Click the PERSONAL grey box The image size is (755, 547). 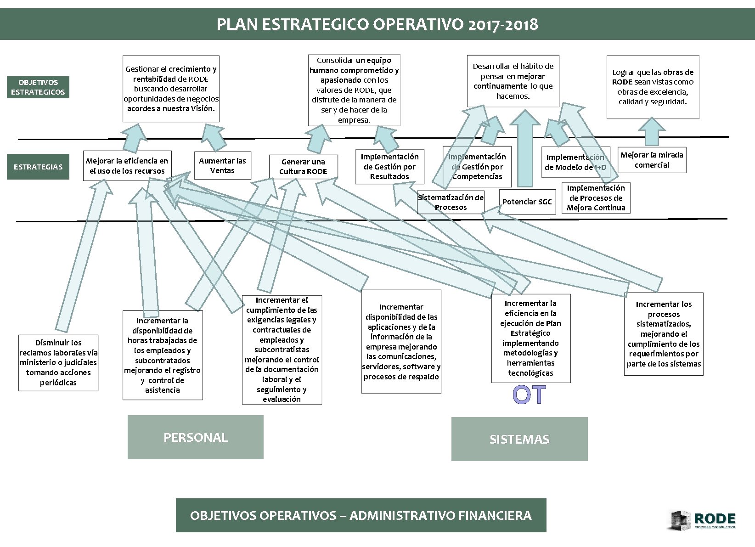[195, 437]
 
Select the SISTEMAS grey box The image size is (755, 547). [519, 439]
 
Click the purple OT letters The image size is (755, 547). [530, 395]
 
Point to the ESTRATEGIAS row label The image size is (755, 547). [38, 167]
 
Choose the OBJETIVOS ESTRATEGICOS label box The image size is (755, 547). [38, 87]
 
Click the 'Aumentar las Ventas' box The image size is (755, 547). [222, 165]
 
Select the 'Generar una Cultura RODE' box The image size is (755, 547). [303, 166]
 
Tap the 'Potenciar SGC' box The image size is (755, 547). [526, 202]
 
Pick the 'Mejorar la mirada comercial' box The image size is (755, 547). [652, 160]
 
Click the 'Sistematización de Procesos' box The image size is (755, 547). [450, 202]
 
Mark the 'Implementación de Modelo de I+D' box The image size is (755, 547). [575, 162]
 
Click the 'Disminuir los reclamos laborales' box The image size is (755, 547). [58, 363]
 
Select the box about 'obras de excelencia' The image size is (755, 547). [653, 87]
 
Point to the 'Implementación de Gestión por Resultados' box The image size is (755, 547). [389, 166]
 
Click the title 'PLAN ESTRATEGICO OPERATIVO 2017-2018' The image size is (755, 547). [377, 24]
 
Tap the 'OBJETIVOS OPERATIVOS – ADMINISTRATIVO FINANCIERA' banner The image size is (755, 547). [361, 515]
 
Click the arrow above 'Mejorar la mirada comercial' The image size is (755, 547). [652, 132]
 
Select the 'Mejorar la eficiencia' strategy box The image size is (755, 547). [127, 166]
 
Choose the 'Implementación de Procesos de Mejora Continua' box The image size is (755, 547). [596, 197]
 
